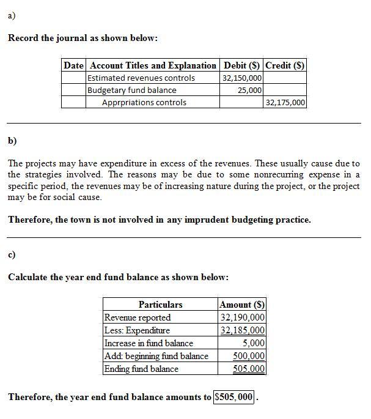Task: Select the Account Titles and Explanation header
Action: (153, 65)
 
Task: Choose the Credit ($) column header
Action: (285, 65)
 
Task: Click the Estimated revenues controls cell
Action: (141, 78)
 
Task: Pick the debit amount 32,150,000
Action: (243, 78)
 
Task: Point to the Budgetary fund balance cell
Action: (132, 90)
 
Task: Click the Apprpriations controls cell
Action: (144, 102)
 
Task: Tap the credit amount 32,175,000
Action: (285, 102)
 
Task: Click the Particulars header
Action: (160, 304)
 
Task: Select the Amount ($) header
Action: (242, 304)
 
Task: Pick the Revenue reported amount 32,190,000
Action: (243, 317)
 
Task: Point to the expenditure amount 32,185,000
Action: (243, 330)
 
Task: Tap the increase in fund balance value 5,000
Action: (253, 343)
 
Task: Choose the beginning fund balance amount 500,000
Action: (249, 356)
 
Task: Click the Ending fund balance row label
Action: (142, 369)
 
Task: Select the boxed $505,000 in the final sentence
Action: (234, 397)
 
